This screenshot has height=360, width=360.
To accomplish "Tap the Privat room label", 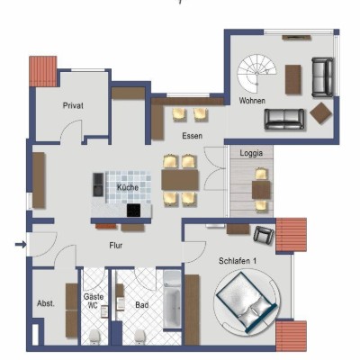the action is [x=73, y=105].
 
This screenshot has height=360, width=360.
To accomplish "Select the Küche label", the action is [x=128, y=188].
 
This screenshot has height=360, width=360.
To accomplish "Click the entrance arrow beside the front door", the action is [x=21, y=245].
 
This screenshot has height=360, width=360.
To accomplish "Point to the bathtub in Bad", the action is [x=172, y=300].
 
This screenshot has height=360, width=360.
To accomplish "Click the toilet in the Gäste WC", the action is [x=94, y=337].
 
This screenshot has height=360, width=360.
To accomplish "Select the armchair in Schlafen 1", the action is [x=264, y=234].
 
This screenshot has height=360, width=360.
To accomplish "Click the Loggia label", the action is [x=251, y=153].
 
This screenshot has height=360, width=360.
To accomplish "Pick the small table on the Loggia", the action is [x=261, y=190].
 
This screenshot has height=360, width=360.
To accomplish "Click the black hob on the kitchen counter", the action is [x=133, y=210].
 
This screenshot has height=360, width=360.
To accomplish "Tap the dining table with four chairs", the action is [x=180, y=180].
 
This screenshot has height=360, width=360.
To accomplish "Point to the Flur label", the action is [x=115, y=246].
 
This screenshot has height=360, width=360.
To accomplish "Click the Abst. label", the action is [x=46, y=303].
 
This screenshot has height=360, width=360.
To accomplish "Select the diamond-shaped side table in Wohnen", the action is [x=321, y=112].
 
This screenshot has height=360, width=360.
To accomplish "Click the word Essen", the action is [x=192, y=136].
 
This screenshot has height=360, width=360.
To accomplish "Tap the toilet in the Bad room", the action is [x=139, y=337].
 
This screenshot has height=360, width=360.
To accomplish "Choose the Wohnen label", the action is [x=252, y=101].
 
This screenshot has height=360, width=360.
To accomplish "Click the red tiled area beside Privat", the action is [x=43, y=71].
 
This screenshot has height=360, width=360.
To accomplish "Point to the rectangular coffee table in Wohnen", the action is [x=293, y=79].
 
